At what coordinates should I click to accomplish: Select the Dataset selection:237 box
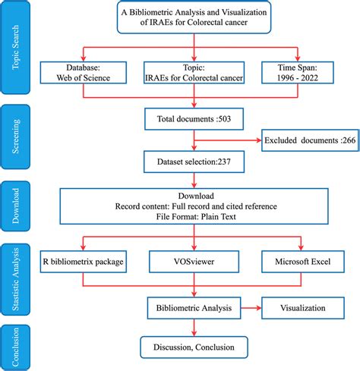[x=196, y=161]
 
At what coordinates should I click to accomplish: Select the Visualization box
[x=302, y=309]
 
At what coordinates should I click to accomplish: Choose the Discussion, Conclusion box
[x=196, y=348]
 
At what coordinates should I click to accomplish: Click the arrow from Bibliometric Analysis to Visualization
[x=252, y=309]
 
